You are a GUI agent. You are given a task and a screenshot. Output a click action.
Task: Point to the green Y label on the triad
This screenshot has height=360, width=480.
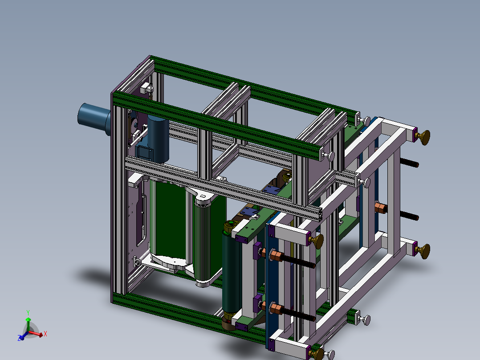click(x=28, y=312)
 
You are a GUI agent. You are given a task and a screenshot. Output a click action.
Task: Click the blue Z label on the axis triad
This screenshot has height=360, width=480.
click(x=20, y=338)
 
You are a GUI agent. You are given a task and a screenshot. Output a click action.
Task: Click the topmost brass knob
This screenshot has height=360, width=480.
click(x=426, y=136)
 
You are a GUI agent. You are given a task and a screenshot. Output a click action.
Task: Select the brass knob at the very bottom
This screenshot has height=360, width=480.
click(x=317, y=354)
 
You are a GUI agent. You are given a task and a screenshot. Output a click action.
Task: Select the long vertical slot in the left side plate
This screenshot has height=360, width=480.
click(x=143, y=214)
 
